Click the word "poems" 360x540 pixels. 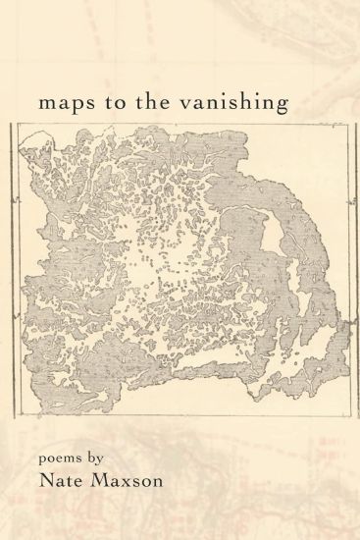[x=65, y=460]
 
